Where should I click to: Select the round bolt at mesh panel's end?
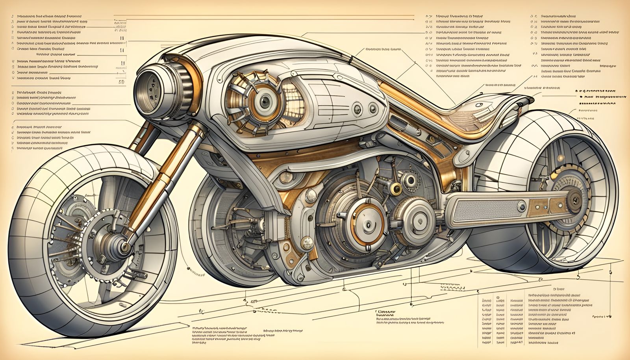coord(521,205)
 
